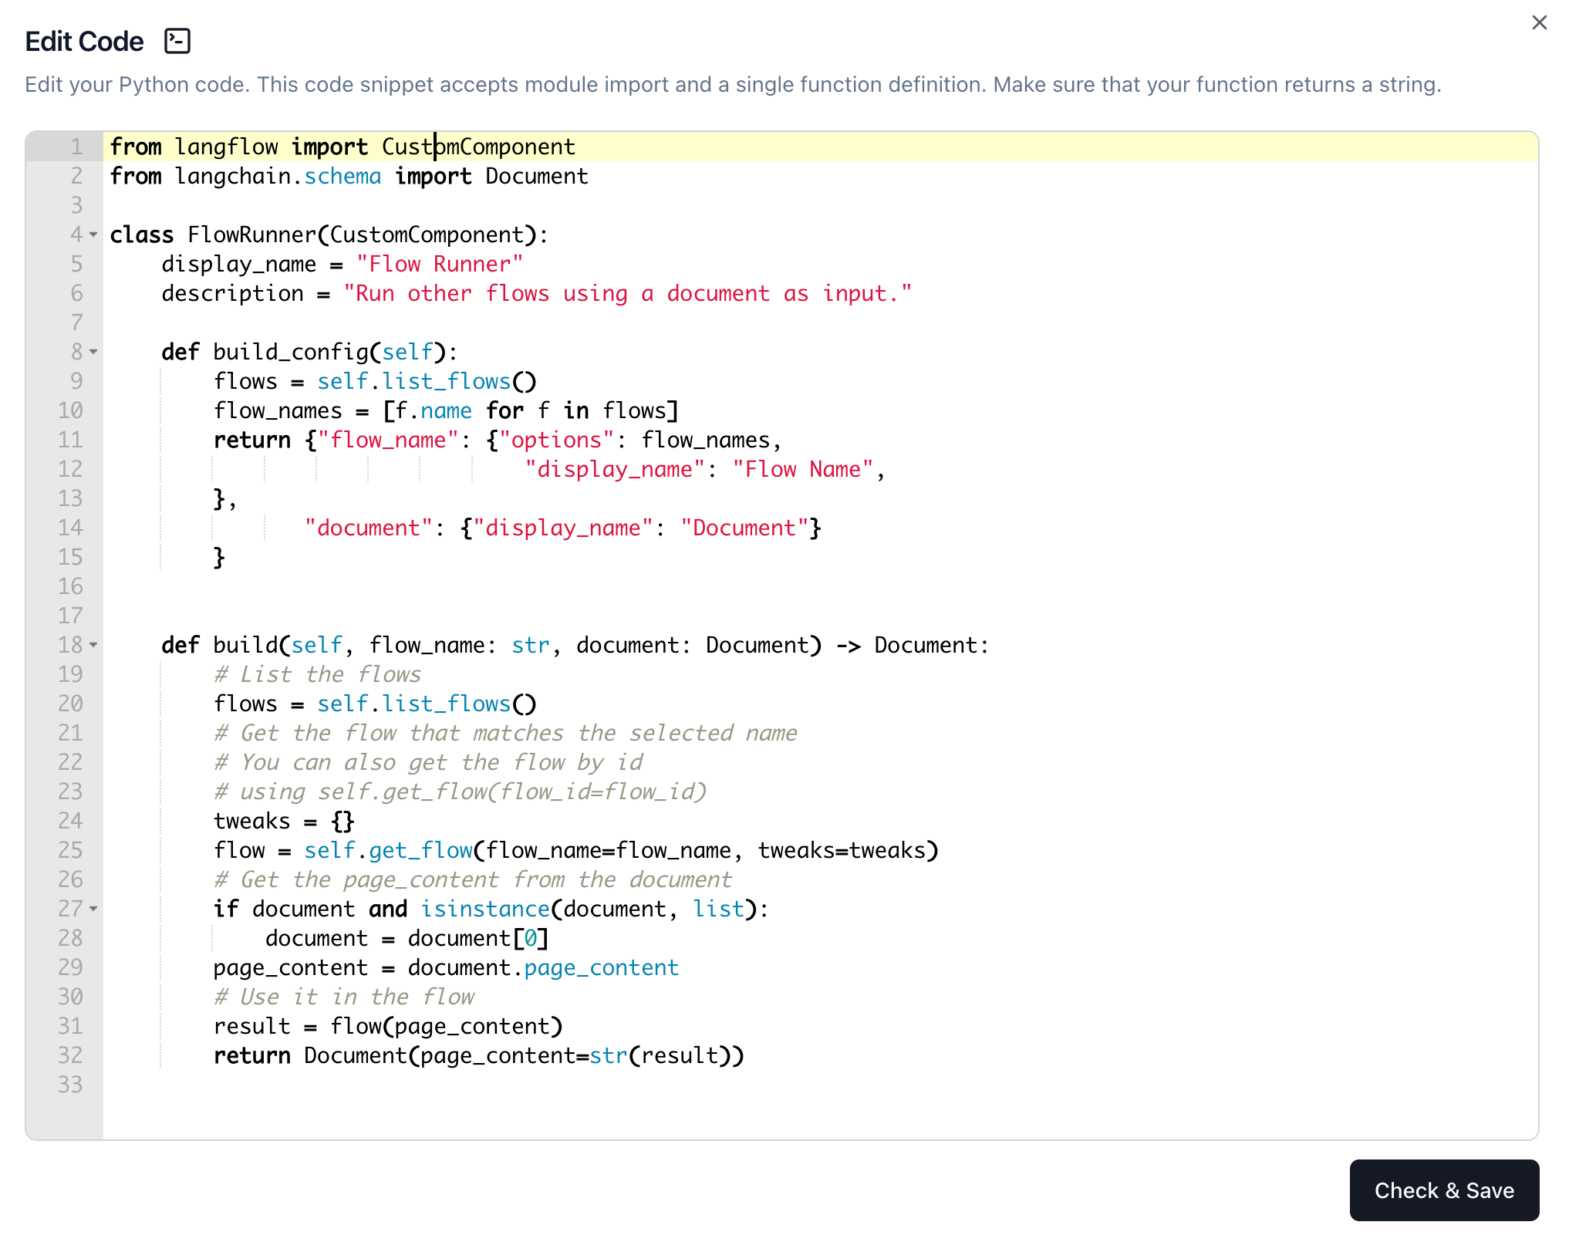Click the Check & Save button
(x=1443, y=1190)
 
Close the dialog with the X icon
(x=1539, y=23)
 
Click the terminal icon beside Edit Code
(x=177, y=41)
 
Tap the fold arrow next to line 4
(x=93, y=235)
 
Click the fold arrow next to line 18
(x=93, y=645)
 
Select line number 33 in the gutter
(x=70, y=1085)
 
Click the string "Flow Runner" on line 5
(x=440, y=265)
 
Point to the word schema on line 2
(x=342, y=177)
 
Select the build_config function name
(x=291, y=353)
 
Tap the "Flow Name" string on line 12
(x=803, y=470)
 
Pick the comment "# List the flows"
(x=317, y=675)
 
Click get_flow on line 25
(x=420, y=851)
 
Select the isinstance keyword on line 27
(x=485, y=910)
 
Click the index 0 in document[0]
(x=531, y=939)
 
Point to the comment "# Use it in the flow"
(x=343, y=997)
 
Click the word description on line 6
(x=232, y=294)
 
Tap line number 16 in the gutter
(x=70, y=586)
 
